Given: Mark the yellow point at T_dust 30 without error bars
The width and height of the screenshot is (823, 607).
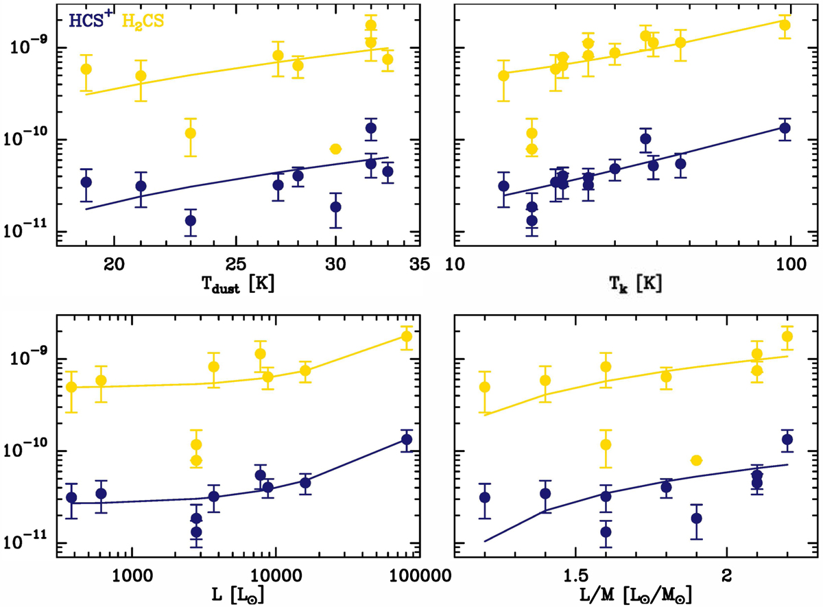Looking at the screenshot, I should [x=335, y=149].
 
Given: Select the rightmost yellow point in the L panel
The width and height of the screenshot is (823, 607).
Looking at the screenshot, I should [x=407, y=336].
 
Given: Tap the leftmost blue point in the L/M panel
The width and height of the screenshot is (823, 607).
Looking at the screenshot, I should [x=485, y=497].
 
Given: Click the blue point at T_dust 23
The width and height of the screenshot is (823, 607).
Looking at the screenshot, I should [x=190, y=220].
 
